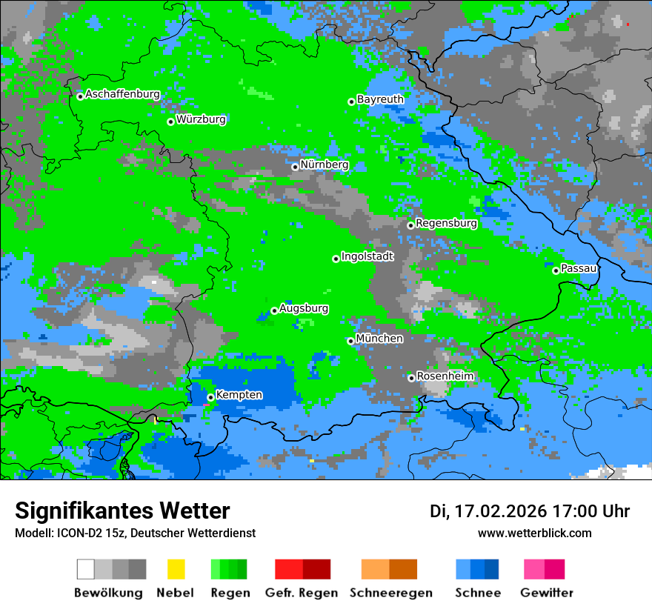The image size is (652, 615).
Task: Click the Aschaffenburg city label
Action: pos(122,95)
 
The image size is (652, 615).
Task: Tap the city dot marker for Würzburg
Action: pos(170,122)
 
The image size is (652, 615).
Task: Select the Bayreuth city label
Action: pos(380,99)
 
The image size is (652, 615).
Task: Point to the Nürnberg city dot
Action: pos(295,167)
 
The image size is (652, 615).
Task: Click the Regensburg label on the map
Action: pos(446,223)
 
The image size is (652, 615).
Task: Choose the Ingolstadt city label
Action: pos(367,256)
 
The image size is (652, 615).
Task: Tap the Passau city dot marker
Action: pos(556,270)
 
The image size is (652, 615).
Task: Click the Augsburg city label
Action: pos(304,308)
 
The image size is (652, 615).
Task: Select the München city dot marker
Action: pos(350,341)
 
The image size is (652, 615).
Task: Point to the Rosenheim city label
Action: pos(445,376)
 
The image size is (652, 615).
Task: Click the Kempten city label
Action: pos(239,395)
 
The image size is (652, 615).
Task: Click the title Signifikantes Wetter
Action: pos(122,511)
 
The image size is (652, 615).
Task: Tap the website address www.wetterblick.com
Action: pos(534,533)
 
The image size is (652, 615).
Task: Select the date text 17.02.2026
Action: pos(501,511)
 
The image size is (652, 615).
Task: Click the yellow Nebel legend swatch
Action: pos(176,569)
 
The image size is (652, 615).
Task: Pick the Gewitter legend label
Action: pos(546,593)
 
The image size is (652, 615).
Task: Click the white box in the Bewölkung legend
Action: pos(86,569)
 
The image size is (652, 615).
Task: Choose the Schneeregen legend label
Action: pos(391,593)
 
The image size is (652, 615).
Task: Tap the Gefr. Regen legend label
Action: pos(301,593)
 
